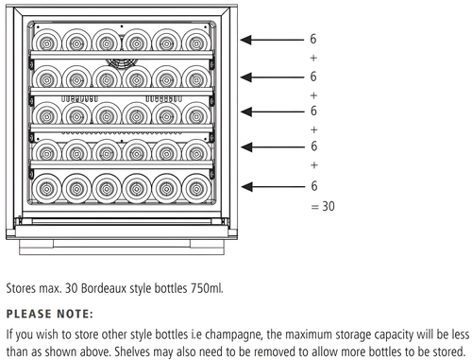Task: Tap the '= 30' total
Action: pyautogui.click(x=322, y=205)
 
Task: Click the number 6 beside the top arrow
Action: pyautogui.click(x=313, y=41)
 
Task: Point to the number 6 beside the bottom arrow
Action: pyautogui.click(x=313, y=186)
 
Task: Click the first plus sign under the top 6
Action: pyautogui.click(x=313, y=58)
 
